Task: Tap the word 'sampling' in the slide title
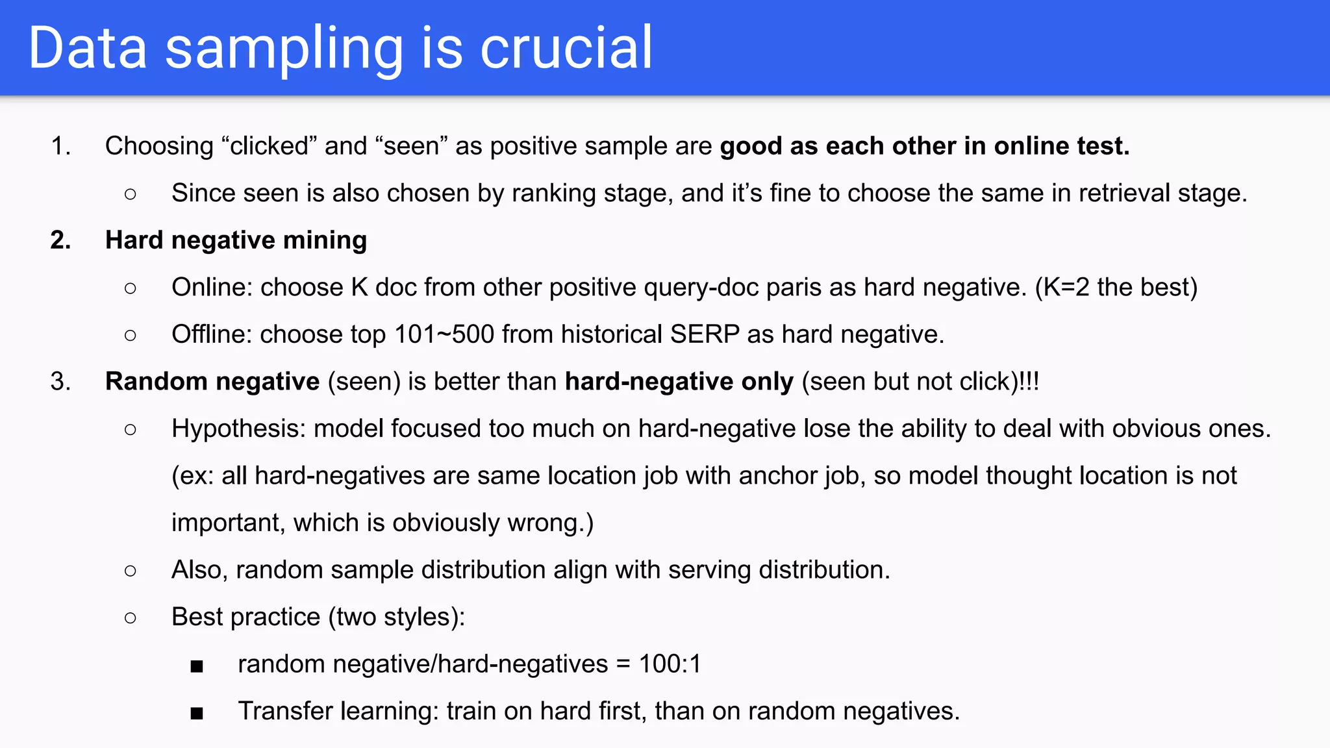click(x=284, y=49)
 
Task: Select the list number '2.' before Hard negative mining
click(x=60, y=240)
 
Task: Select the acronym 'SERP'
click(x=705, y=334)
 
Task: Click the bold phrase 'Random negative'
click(x=212, y=381)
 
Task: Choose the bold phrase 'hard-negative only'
click(x=679, y=381)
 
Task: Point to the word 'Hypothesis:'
click(x=238, y=429)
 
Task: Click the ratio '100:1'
click(x=670, y=664)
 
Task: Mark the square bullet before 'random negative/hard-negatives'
click(x=197, y=666)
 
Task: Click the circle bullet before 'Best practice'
click(x=131, y=617)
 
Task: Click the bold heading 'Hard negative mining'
click(x=236, y=240)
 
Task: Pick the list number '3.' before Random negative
click(x=60, y=381)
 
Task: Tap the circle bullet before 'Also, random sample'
click(x=131, y=571)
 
